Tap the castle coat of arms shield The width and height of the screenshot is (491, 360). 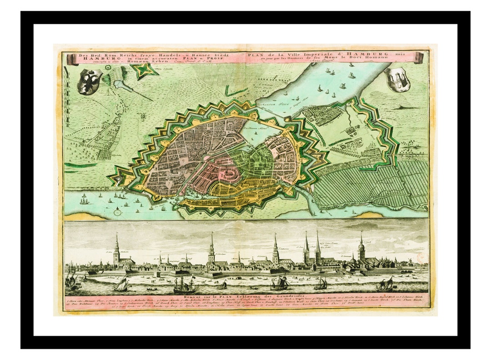[x=397, y=79]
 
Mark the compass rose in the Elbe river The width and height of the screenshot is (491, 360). [x=118, y=211]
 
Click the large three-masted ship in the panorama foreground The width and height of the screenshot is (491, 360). [x=184, y=285]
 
